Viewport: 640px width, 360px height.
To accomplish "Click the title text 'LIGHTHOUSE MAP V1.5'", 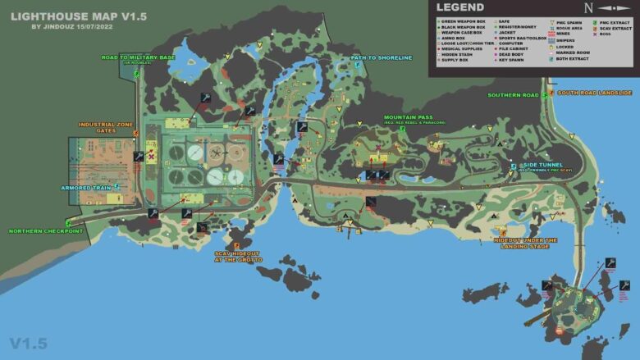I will [66, 15].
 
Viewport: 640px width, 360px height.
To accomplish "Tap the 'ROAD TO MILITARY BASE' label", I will [138, 58].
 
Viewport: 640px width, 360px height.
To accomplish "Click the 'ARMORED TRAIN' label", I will [86, 188].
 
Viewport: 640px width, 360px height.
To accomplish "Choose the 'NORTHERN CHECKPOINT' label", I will [46, 231].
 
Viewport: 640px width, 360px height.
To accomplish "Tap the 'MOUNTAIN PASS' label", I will [408, 117].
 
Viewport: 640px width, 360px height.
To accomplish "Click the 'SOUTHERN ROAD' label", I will [513, 95].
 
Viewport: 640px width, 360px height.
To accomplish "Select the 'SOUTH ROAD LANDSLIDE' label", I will [595, 93].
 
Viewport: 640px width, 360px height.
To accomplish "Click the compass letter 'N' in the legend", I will [587, 9].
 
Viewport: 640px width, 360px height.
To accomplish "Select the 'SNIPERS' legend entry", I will [565, 39].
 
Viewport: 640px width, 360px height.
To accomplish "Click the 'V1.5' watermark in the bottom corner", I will [29, 343].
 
